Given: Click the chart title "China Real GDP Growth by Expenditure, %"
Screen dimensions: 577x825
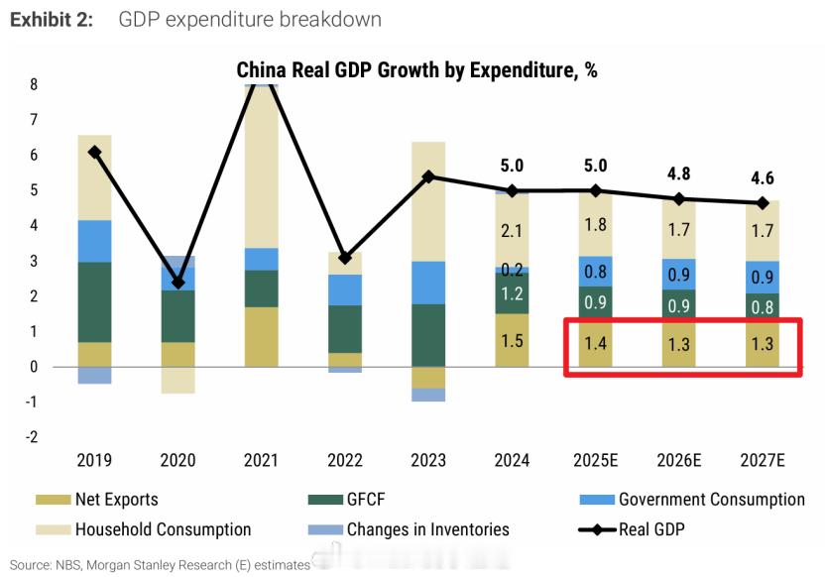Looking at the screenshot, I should pyautogui.click(x=416, y=70).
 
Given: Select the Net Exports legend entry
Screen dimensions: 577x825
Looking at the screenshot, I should pyautogui.click(x=116, y=500).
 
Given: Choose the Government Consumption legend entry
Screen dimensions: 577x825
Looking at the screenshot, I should pyautogui.click(x=711, y=500).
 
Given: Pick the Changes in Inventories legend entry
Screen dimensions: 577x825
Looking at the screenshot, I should pyautogui.click(x=427, y=529).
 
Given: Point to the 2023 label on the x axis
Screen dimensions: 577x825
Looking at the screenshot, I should pyautogui.click(x=428, y=460).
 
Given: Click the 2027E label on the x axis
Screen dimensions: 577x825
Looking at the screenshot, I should pyautogui.click(x=763, y=460).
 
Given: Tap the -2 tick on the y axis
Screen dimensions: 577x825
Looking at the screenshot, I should pyautogui.click(x=32, y=437).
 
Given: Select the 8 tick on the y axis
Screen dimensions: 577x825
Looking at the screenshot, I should pyautogui.click(x=34, y=85).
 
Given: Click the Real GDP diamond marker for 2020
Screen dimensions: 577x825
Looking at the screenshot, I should pyautogui.click(x=177, y=283).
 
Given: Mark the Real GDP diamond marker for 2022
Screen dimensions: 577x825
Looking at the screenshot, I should pyautogui.click(x=344, y=258).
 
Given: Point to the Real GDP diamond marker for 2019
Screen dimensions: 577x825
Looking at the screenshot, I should pyautogui.click(x=94, y=152).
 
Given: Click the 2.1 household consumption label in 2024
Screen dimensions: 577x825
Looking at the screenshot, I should pyautogui.click(x=512, y=231).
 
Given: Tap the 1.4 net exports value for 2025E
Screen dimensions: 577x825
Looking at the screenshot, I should pyautogui.click(x=595, y=344).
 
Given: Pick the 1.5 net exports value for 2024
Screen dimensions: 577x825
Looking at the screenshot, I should pyautogui.click(x=512, y=341).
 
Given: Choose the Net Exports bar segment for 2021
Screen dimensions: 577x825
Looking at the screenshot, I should pyautogui.click(x=261, y=337).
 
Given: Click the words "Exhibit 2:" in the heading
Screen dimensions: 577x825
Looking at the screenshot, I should pyautogui.click(x=52, y=20).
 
